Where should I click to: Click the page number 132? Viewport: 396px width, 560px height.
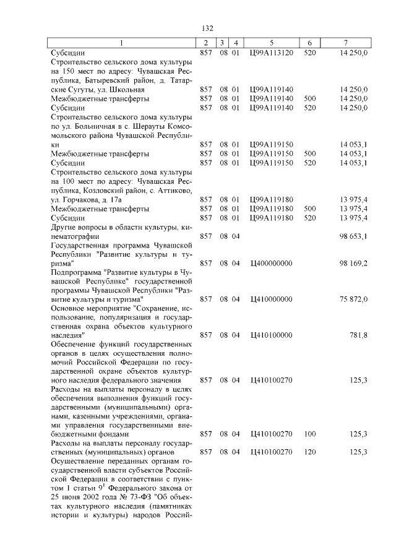click(x=207, y=28)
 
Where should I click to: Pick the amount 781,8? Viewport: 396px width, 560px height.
click(x=359, y=335)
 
